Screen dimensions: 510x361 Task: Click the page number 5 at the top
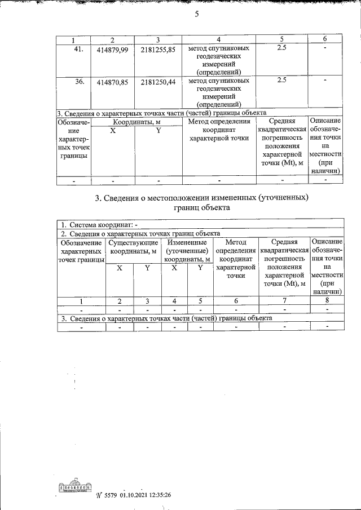pyautogui.click(x=196, y=15)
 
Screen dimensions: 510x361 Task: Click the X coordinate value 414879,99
pyautogui.click(x=113, y=51)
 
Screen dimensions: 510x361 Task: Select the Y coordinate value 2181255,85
pyautogui.click(x=158, y=51)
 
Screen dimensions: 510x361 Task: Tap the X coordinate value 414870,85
pyautogui.click(x=113, y=82)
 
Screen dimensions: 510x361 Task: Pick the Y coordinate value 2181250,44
pyautogui.click(x=158, y=82)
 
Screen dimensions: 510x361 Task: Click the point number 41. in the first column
pyautogui.click(x=79, y=49)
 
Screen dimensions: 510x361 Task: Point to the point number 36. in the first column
pyautogui.click(x=79, y=81)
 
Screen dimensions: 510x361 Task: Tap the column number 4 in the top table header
pyautogui.click(x=219, y=39)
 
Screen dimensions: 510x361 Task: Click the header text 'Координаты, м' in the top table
pyautogui.click(x=136, y=121)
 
